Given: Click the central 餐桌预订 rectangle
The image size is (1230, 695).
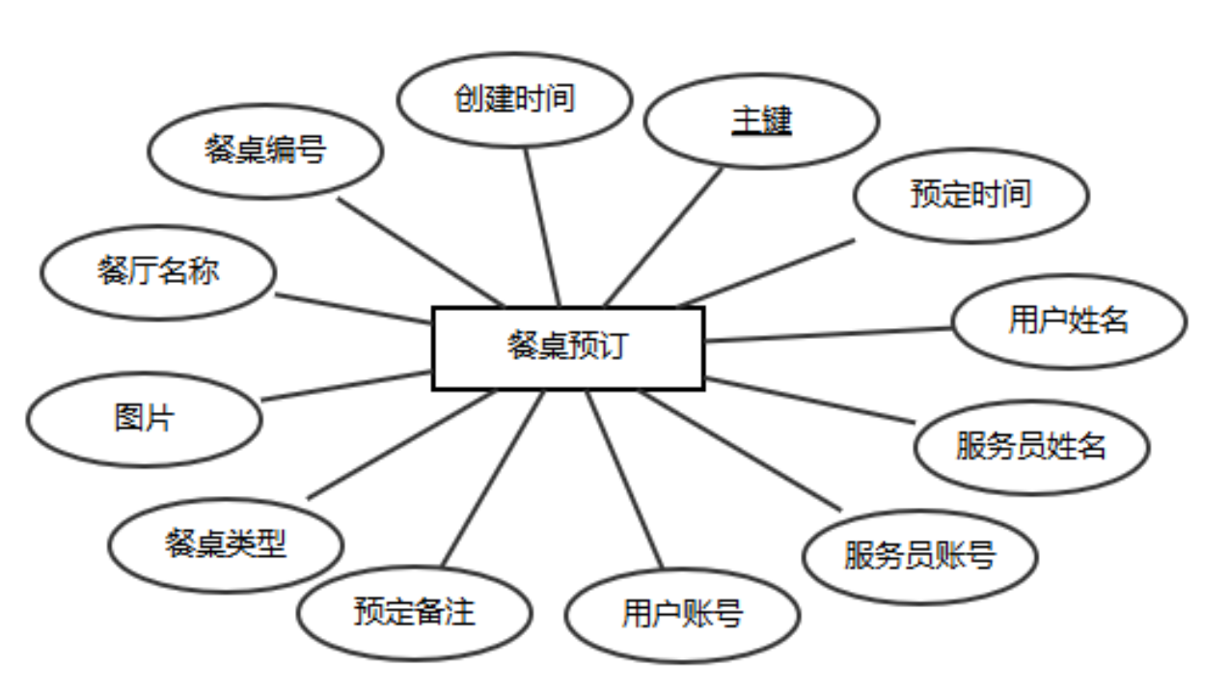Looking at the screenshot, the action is coord(567,347).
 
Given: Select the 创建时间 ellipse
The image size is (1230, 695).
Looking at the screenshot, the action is coord(514,99).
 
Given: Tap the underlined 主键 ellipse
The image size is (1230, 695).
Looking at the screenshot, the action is coord(761,121).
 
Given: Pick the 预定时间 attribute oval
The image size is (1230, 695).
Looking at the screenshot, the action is coord(970,194).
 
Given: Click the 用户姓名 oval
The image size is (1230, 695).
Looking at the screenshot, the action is coord(1069,320).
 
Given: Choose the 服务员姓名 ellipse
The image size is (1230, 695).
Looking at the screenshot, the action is coord(1031,447).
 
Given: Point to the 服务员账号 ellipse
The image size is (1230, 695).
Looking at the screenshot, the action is coord(919,556).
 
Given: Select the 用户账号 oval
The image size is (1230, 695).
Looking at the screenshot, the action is coord(682,614).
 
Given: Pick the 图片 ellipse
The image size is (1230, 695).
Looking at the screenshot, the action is coord(144,419).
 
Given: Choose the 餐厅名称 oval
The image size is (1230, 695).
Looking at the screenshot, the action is coord(158,271).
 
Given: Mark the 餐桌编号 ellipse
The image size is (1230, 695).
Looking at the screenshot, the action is coord(265,151).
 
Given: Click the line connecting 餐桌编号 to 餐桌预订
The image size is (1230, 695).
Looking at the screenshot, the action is coord(420,252).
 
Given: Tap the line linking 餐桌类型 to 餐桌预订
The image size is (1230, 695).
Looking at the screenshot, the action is coord(400,444).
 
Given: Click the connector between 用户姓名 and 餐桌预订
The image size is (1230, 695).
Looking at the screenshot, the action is coord(828,334).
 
